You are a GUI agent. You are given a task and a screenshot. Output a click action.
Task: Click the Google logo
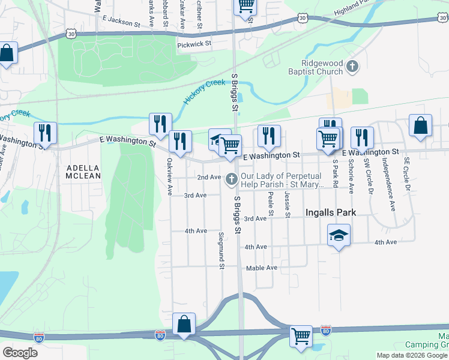(x=20, y=353)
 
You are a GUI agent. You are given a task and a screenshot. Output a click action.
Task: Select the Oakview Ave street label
(x=170, y=176)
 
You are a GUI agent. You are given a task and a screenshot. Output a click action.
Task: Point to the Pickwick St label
(x=194, y=44)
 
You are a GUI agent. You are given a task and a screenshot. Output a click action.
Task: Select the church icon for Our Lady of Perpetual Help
(x=232, y=179)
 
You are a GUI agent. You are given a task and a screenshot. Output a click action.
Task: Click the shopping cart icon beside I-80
(x=300, y=336)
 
